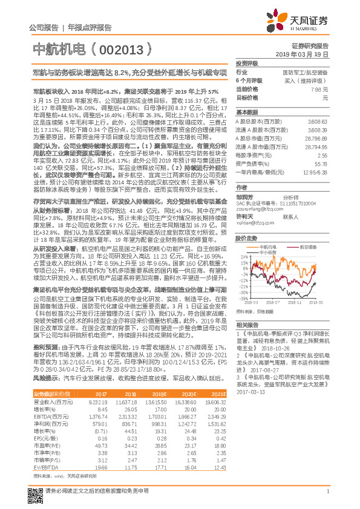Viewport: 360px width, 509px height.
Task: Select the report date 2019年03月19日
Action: tap(306, 54)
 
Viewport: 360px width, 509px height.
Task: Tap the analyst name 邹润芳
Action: tap(245, 196)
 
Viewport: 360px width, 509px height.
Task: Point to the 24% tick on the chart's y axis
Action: tap(244, 256)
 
